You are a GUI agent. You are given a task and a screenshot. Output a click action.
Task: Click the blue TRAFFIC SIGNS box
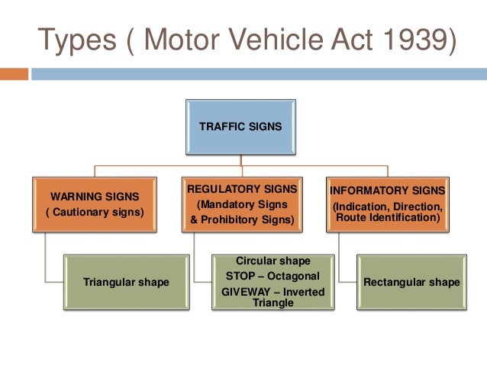coord(240,126)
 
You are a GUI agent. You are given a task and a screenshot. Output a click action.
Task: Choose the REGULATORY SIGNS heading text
coord(242,188)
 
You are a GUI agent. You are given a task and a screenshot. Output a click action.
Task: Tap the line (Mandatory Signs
coord(242,204)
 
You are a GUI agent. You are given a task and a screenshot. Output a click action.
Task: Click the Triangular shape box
coord(126,282)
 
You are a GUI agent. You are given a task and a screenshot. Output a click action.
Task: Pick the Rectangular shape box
coord(411,282)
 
